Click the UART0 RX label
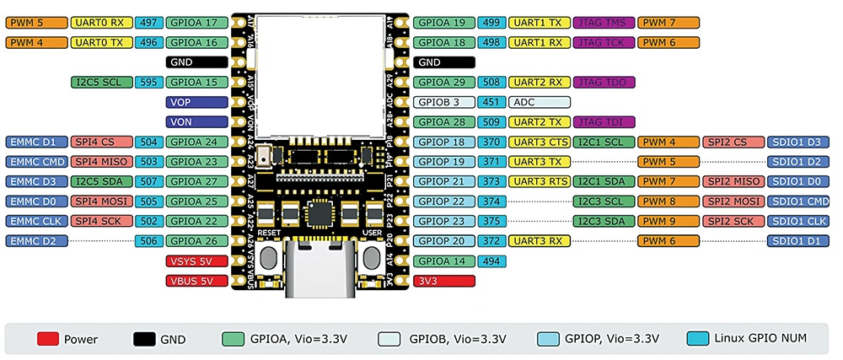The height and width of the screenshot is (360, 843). point(99,23)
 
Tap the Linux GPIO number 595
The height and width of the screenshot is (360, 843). point(149,83)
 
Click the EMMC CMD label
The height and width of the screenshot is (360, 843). point(35,162)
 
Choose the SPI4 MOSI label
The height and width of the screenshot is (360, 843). point(99,201)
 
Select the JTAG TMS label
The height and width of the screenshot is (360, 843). point(602,23)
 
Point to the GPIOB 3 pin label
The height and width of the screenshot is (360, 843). point(444,102)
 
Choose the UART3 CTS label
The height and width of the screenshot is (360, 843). point(540,142)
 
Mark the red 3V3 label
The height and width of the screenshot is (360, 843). point(444,281)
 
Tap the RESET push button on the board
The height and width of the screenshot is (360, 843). point(271,257)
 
